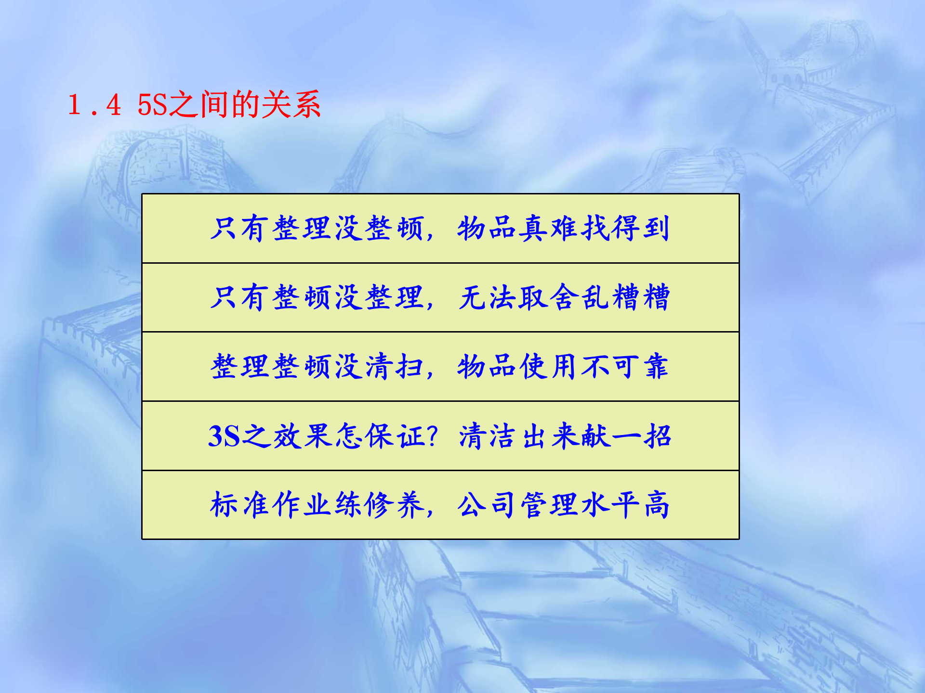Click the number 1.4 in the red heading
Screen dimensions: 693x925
[x=94, y=105]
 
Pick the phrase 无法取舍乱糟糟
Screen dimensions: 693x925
[x=564, y=297]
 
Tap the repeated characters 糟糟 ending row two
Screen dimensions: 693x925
[x=641, y=297]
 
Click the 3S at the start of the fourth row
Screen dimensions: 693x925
[x=224, y=436]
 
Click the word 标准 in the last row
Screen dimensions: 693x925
[x=239, y=505]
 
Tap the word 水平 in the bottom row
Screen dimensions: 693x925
[x=610, y=505]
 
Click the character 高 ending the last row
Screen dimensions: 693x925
[x=656, y=505]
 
